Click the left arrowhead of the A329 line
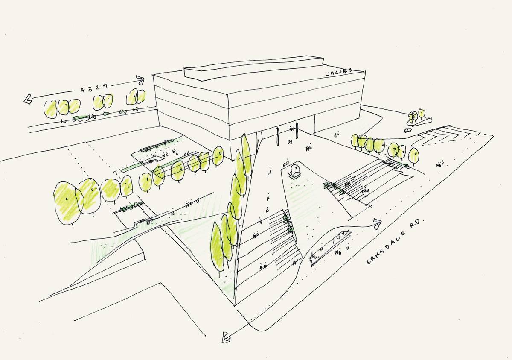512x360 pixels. pos(28,100)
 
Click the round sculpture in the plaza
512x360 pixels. pos(294,171)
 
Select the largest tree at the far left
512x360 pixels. pos(67,203)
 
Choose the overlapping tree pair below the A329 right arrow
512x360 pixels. pos(137,97)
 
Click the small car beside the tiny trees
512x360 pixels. pos(408,131)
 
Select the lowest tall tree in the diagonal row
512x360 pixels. pos(217,248)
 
